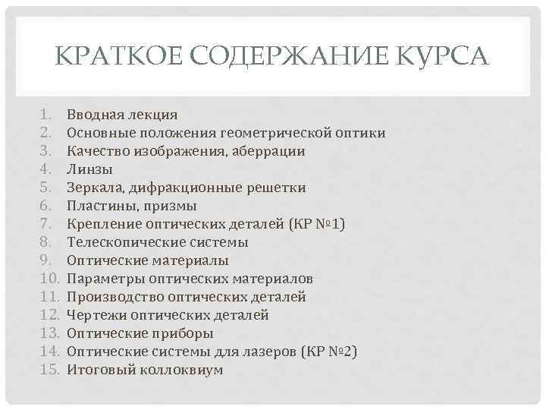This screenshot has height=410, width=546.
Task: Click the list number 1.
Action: click(x=45, y=115)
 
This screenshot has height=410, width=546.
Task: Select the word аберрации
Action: click(x=268, y=151)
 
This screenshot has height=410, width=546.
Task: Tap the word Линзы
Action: click(x=89, y=169)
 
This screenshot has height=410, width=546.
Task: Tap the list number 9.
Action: click(x=45, y=260)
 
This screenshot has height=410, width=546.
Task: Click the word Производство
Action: click(x=112, y=297)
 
